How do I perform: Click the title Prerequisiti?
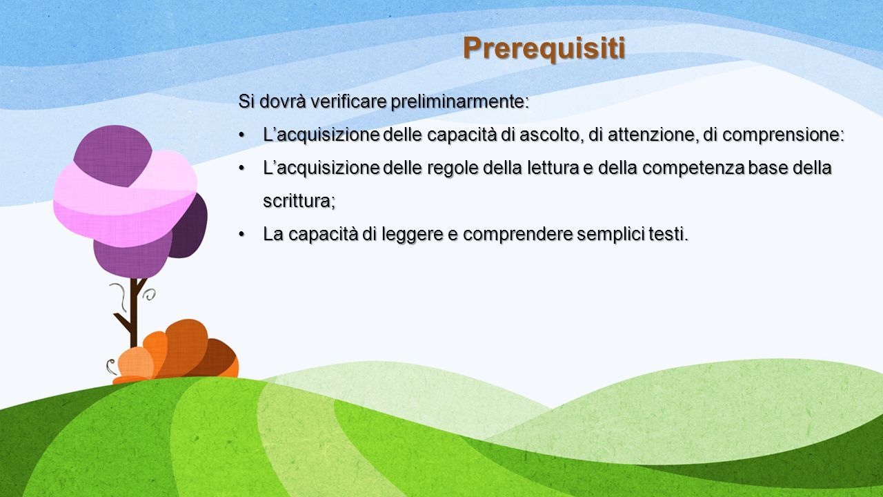(544, 49)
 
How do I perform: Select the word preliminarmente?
(459, 102)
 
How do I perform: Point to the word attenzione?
(652, 135)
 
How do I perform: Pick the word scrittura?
(299, 202)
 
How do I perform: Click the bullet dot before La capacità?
(241, 235)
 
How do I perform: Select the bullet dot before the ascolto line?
(241, 135)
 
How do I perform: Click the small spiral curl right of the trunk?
(150, 294)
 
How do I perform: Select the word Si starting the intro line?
(246, 101)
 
